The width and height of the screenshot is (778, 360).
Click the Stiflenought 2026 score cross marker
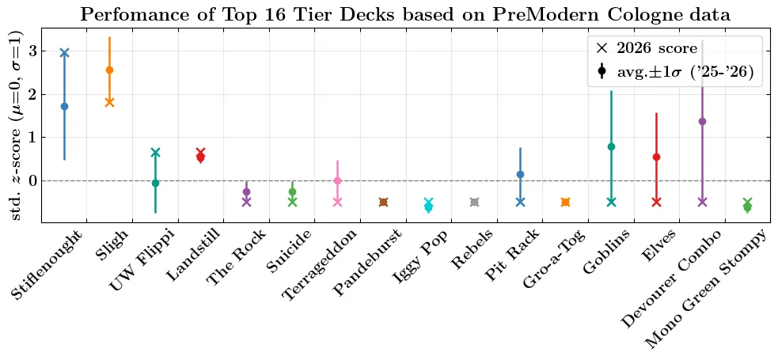pyautogui.click(x=64, y=53)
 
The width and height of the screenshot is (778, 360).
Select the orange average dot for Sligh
pyautogui.click(x=109, y=70)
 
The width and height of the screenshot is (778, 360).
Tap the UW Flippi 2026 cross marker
pyautogui.click(x=155, y=152)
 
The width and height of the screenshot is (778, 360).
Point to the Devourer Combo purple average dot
pyautogui.click(x=702, y=121)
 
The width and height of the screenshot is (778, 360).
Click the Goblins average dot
pyautogui.click(x=611, y=146)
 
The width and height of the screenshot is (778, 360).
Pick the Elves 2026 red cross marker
pyautogui.click(x=656, y=202)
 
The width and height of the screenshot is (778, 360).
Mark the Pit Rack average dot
pyautogui.click(x=520, y=174)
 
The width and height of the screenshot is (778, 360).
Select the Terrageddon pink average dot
pyautogui.click(x=337, y=180)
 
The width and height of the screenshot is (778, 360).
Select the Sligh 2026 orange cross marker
pyautogui.click(x=109, y=102)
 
